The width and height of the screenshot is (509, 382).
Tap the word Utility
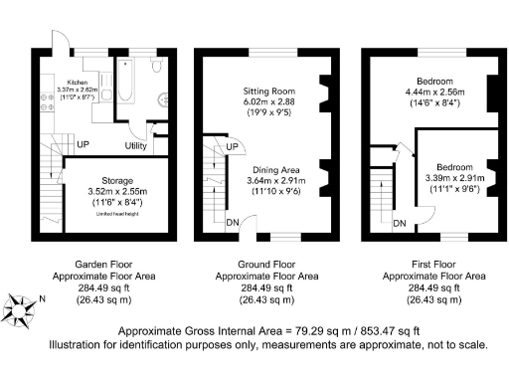click(136, 146)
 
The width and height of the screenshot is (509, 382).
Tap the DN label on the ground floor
click(231, 223)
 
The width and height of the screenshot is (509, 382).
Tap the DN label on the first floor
click(399, 223)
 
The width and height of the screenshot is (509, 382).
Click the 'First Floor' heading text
click(433, 265)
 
